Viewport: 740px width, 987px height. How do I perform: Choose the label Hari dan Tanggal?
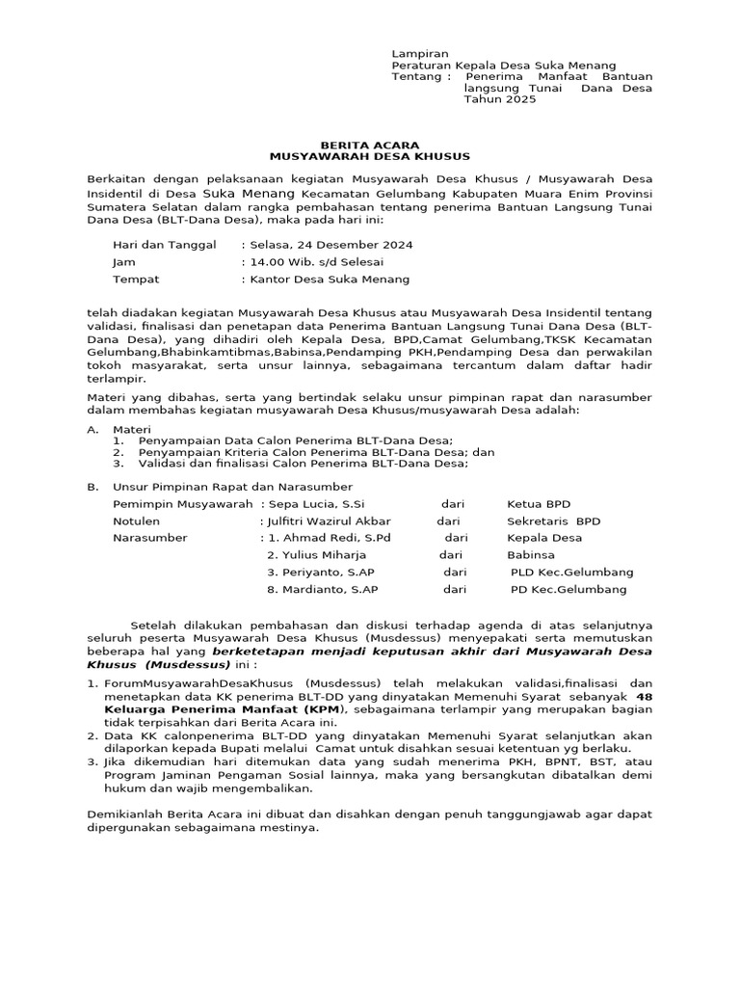(165, 245)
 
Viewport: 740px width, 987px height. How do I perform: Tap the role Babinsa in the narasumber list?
(531, 555)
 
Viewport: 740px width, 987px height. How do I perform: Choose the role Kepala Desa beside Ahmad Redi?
(544, 538)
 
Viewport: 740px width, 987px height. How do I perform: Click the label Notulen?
(137, 521)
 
